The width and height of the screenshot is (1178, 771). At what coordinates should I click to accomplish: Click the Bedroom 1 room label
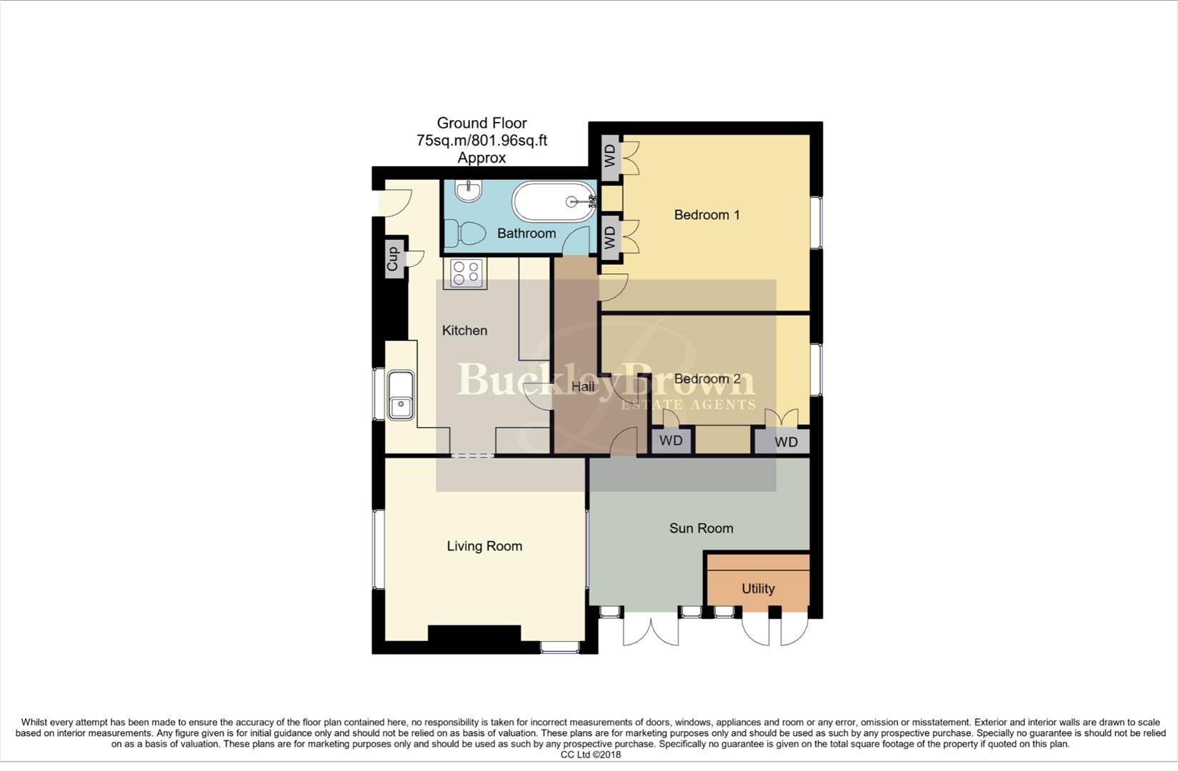pos(707,215)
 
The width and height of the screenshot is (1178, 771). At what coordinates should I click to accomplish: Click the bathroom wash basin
pos(469,190)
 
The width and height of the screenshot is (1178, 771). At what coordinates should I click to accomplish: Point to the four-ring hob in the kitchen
pos(465,273)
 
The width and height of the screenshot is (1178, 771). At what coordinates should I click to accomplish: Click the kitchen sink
pos(401,395)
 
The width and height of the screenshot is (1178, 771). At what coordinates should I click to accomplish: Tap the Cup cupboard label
pos(392,259)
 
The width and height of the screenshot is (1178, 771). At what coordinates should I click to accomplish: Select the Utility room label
pos(757,589)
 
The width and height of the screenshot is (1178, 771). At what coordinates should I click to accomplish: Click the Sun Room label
pos(701,528)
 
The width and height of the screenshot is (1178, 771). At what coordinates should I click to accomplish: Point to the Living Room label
pos(484,546)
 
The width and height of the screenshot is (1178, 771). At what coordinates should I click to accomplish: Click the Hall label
pos(583,387)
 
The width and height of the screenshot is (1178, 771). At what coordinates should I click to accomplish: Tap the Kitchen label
pos(464,331)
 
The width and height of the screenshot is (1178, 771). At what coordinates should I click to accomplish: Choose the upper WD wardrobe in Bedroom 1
pos(609,155)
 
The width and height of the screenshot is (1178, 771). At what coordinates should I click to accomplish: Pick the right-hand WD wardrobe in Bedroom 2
pos(785,442)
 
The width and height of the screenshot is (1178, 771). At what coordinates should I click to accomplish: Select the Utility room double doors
pos(774,628)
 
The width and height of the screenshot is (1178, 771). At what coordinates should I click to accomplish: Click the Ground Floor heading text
pos(481,123)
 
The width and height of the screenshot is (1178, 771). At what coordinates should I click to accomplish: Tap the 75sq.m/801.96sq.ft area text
pos(481,141)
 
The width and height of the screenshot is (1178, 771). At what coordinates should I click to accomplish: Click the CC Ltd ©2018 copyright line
pos(590,755)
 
